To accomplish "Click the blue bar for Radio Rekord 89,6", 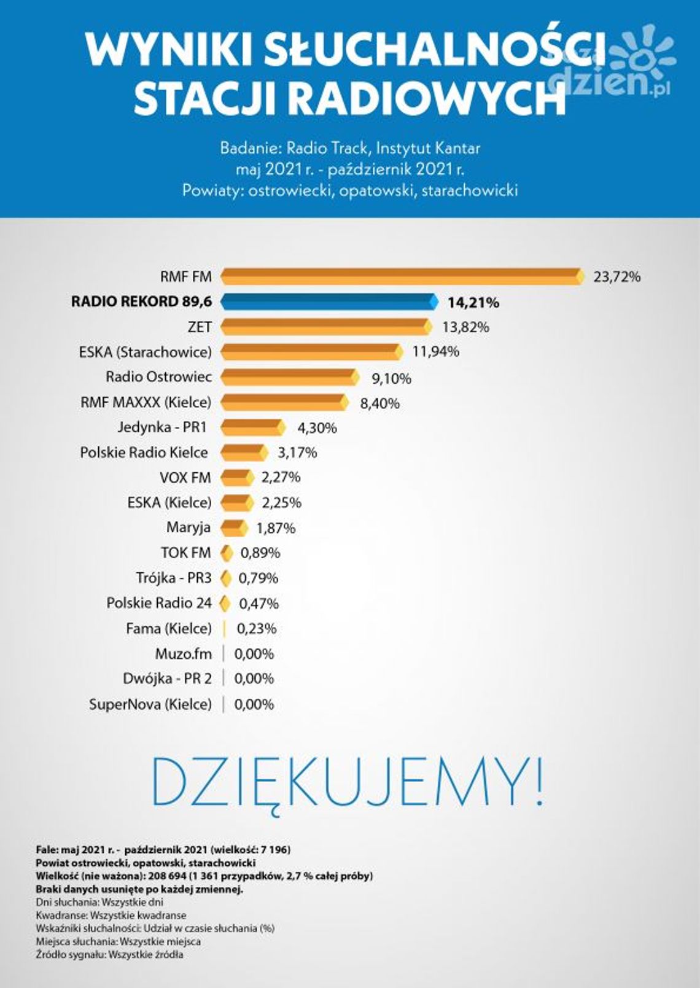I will click(x=329, y=301).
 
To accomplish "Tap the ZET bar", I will click(x=325, y=327).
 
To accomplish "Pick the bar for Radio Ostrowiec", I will click(x=289, y=377).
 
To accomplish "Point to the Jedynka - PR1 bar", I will click(x=252, y=427).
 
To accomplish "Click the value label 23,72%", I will click(x=616, y=277).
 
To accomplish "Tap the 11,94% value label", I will click(x=435, y=352).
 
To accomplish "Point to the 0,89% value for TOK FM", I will click(x=260, y=553).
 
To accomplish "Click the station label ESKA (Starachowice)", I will click(x=145, y=352).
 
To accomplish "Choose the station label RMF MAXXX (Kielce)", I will click(x=146, y=402).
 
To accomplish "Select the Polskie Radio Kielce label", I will click(x=144, y=453).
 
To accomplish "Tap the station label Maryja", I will click(x=188, y=527).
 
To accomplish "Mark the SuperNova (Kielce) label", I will click(x=150, y=704).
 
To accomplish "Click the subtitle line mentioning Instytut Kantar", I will click(x=350, y=148).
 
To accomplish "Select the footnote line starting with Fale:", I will click(x=163, y=850).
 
